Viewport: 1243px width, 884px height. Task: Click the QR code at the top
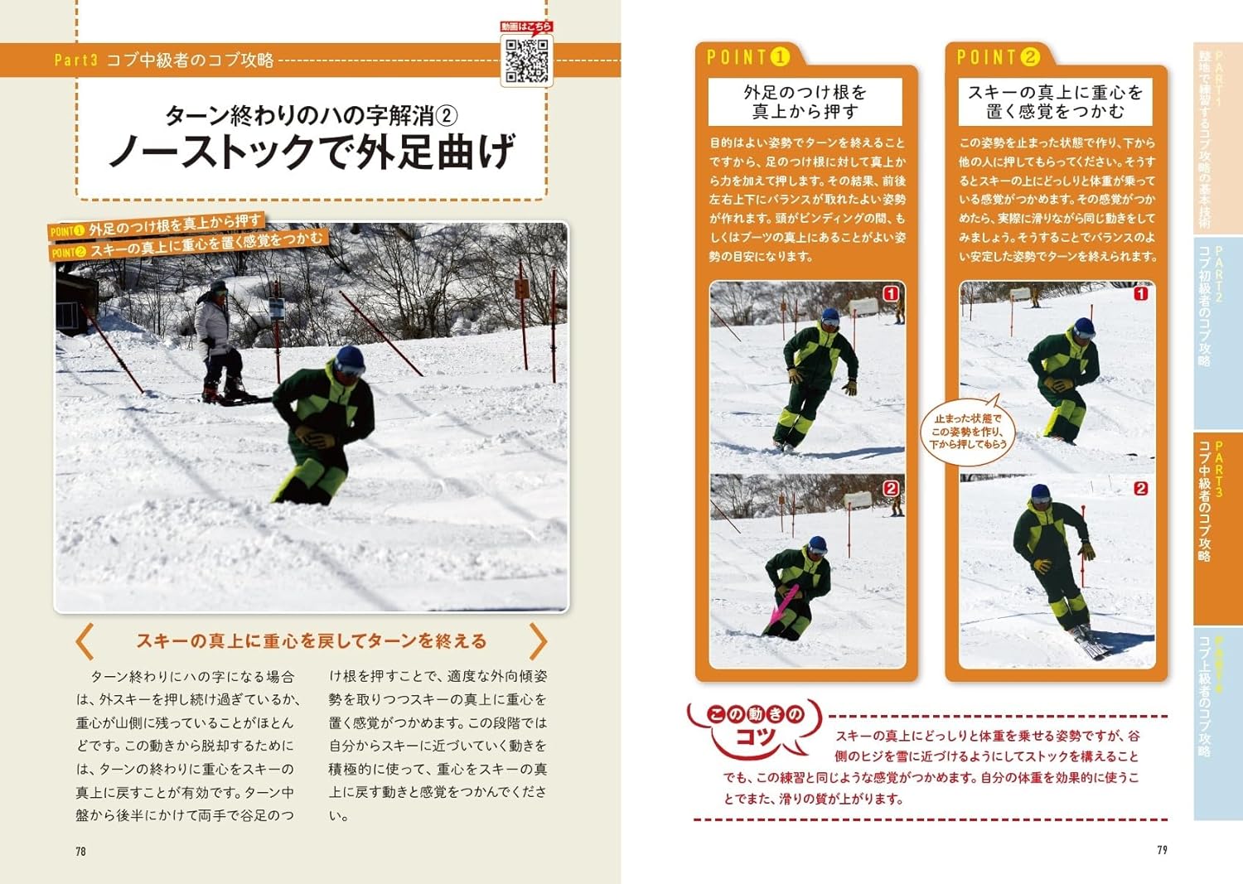526,60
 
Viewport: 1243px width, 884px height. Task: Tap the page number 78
81,851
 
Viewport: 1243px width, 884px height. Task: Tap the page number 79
1162,850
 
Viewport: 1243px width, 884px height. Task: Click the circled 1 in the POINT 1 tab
780,57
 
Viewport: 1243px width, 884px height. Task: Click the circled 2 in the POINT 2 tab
1030,57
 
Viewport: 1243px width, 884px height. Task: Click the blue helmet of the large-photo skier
350,360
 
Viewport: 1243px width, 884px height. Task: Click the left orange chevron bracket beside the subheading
85,641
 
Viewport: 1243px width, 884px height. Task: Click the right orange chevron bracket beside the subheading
539,641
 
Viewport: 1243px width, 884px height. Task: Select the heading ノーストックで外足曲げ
312,151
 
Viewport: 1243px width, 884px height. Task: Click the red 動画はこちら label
526,26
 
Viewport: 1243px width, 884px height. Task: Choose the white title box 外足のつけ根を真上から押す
805,102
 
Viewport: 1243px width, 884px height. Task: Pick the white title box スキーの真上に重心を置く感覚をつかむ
1056,102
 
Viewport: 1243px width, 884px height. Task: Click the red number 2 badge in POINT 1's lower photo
891,488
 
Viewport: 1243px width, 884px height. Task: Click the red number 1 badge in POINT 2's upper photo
1141,293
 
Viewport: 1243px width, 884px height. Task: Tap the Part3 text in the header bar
76,60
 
